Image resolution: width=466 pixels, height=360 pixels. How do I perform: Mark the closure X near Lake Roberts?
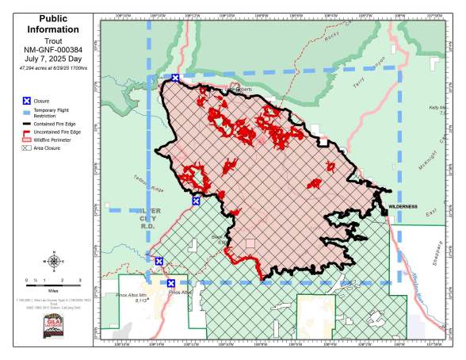176,78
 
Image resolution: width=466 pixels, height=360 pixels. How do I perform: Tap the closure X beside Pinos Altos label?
171,283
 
